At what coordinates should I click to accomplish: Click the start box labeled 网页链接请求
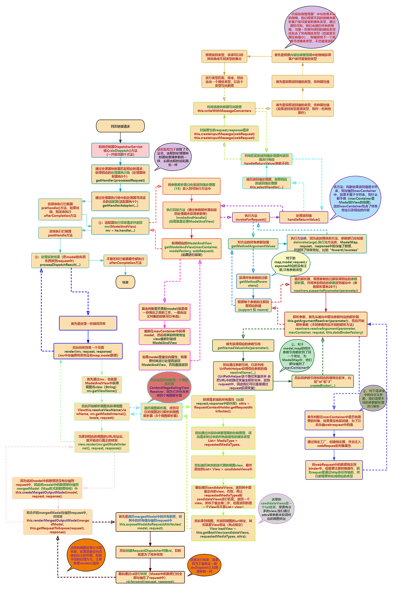tap(120, 126)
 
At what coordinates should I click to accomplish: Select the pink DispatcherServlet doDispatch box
tap(120, 151)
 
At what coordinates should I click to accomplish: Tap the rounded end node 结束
tap(125, 282)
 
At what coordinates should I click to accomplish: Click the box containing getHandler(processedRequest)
tap(120, 175)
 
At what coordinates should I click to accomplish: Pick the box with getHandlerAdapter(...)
tap(120, 202)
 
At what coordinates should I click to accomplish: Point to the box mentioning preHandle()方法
tap(60, 210)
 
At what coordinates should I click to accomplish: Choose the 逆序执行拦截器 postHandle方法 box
tap(60, 233)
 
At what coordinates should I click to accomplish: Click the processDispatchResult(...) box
tap(60, 261)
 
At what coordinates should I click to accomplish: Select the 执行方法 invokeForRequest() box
tap(251, 218)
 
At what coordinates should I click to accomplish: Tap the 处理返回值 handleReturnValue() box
tap(304, 218)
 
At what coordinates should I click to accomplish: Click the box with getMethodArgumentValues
tap(253, 244)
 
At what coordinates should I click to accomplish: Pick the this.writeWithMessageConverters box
tap(224, 109)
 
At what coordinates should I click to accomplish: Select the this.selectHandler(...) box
tap(267, 183)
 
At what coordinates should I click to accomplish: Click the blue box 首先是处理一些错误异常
tap(88, 323)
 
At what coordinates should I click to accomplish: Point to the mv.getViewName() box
tap(102, 385)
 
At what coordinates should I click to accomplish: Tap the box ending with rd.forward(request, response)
tap(150, 577)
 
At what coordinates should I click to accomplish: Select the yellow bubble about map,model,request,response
tap(291, 264)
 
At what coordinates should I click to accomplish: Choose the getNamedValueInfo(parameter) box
tap(243, 346)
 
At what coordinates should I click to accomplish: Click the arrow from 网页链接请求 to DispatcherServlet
tap(120, 138)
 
